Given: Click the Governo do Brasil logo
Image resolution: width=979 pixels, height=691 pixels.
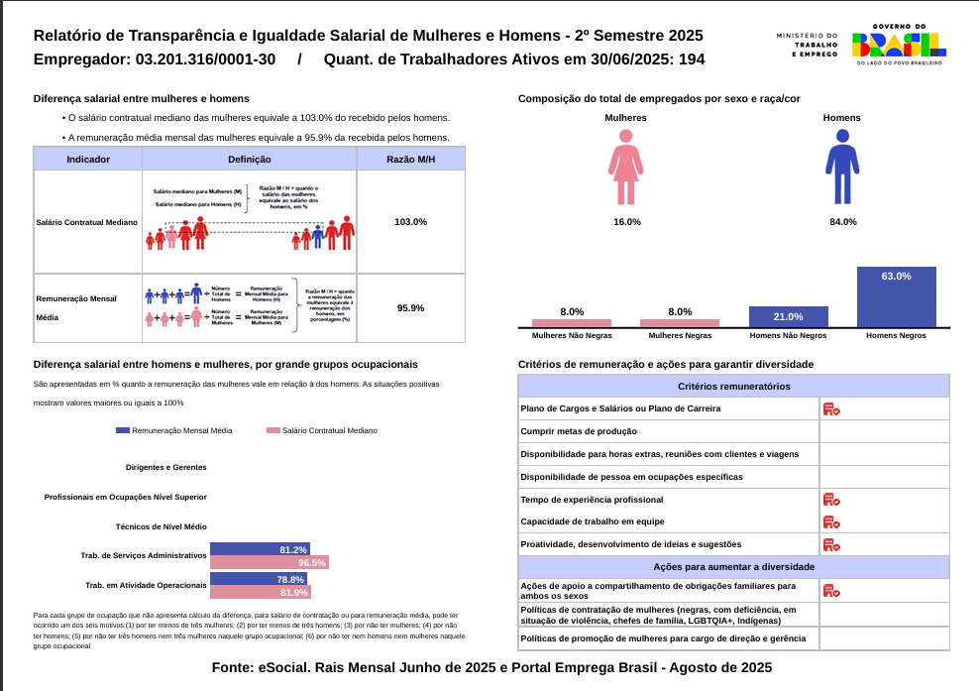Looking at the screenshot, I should pyautogui.click(x=899, y=45).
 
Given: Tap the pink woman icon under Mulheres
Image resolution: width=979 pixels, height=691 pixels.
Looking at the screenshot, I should pyautogui.click(x=626, y=167).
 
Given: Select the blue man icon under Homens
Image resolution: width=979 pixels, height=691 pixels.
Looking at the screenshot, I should pyautogui.click(x=842, y=167).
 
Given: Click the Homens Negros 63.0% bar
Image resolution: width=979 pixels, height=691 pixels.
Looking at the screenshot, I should pyautogui.click(x=896, y=296).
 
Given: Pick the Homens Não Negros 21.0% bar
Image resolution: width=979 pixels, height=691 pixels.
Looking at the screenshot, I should pyautogui.click(x=788, y=317).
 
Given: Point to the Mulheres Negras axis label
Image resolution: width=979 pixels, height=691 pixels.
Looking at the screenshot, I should pyautogui.click(x=680, y=335).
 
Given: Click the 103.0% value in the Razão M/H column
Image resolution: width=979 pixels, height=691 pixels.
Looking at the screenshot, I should pyautogui.click(x=410, y=222).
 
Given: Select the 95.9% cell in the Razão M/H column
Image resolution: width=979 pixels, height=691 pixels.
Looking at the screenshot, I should pyautogui.click(x=410, y=308).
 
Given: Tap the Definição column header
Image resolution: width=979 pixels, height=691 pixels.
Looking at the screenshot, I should pyautogui.click(x=249, y=159).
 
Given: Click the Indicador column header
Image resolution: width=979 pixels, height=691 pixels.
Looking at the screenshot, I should pyautogui.click(x=88, y=159).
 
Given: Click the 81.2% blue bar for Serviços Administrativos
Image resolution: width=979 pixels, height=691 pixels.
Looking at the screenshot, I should pyautogui.click(x=260, y=549).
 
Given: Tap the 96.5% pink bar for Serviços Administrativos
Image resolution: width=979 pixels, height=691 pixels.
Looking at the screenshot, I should pyautogui.click(x=269, y=562).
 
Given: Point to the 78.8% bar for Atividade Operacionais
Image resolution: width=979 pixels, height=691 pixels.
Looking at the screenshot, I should pyautogui.click(x=259, y=579).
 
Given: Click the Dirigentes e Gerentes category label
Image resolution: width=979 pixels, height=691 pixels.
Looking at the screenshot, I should pyautogui.click(x=166, y=467).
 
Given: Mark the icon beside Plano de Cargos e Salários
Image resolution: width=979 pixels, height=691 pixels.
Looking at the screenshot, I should pyautogui.click(x=830, y=408).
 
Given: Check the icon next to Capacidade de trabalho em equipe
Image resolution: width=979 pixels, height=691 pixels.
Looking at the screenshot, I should pyautogui.click(x=830, y=521).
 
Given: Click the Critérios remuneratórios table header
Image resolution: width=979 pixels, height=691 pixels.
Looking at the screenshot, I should pyautogui.click(x=733, y=386).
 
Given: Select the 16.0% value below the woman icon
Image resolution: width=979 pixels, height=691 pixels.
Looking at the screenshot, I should pyautogui.click(x=627, y=222).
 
